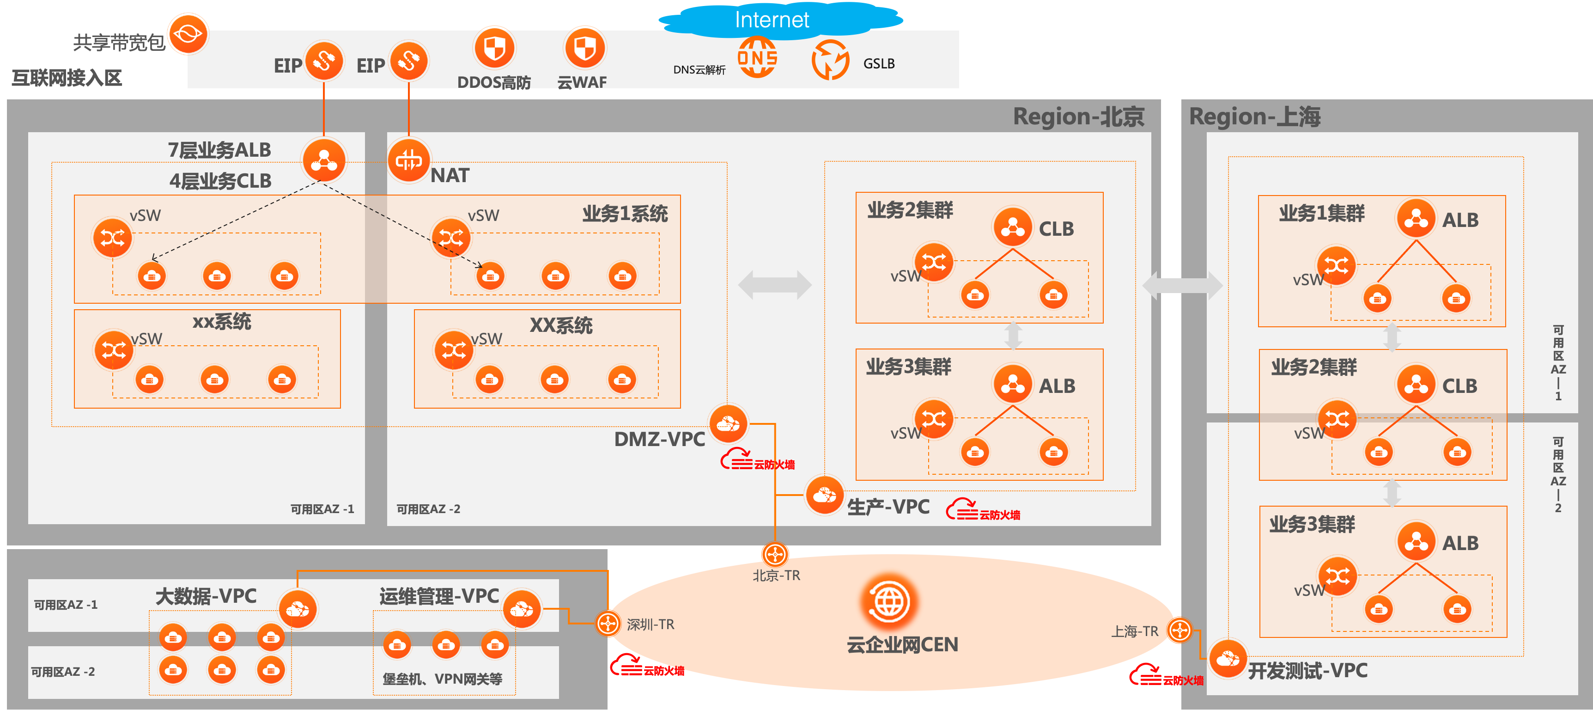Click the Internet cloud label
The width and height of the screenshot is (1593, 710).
click(772, 20)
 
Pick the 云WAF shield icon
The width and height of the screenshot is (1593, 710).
click(584, 48)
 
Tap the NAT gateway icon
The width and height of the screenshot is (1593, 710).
click(409, 160)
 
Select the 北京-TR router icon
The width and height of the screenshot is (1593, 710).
click(775, 554)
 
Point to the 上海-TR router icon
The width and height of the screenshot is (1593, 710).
click(1180, 630)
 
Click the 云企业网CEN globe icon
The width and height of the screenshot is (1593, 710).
click(890, 601)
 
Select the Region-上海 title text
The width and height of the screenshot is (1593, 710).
click(1255, 117)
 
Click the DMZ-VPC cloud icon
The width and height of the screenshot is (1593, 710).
click(729, 424)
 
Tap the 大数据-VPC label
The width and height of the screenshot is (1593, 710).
click(206, 596)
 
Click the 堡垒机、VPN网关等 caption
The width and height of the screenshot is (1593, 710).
click(442, 679)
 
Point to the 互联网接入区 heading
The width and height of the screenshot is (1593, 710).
click(67, 78)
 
